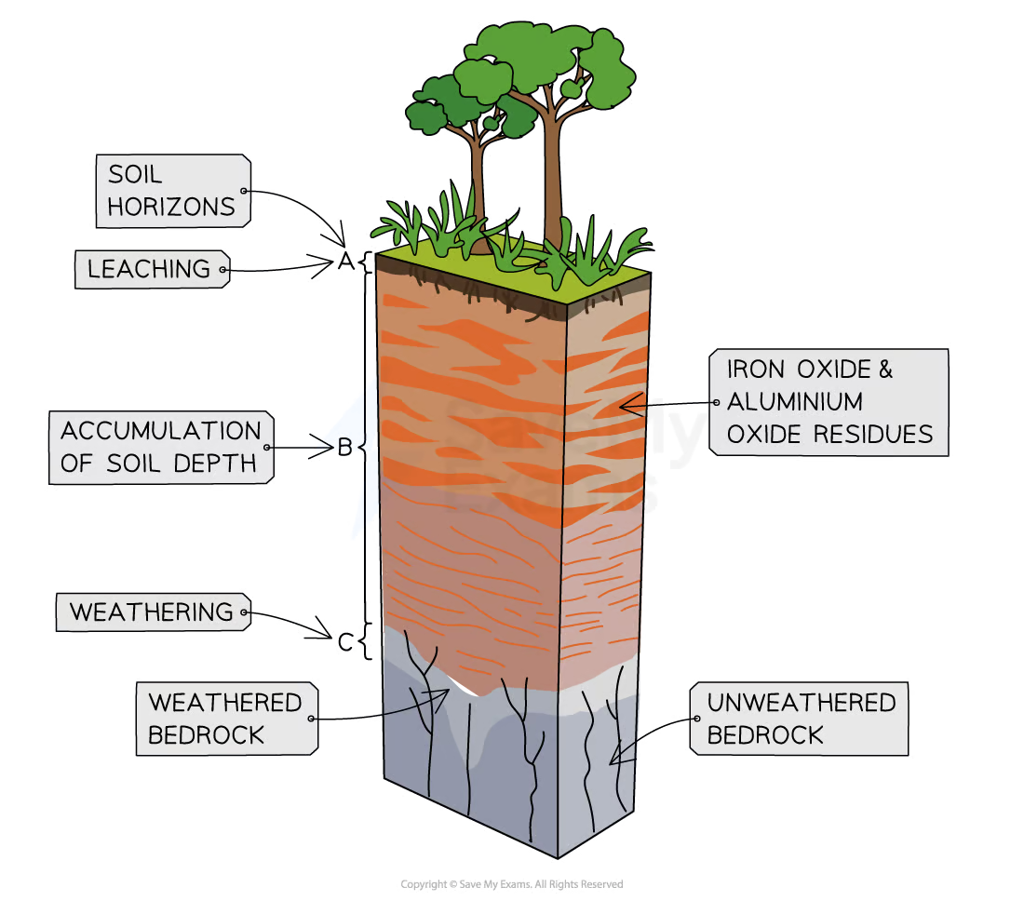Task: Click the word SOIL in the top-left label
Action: coord(135,174)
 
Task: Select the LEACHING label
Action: coord(149,270)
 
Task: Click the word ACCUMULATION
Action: coord(161,431)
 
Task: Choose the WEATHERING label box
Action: coord(152,612)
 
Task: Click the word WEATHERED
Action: coord(224,702)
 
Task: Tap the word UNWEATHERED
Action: coord(801,702)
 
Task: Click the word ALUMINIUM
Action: coord(794,402)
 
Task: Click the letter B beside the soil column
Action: coord(344,449)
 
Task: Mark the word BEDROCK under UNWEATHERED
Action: coord(765,735)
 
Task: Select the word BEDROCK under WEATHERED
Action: coord(207,735)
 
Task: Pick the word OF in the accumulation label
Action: coord(77,464)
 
